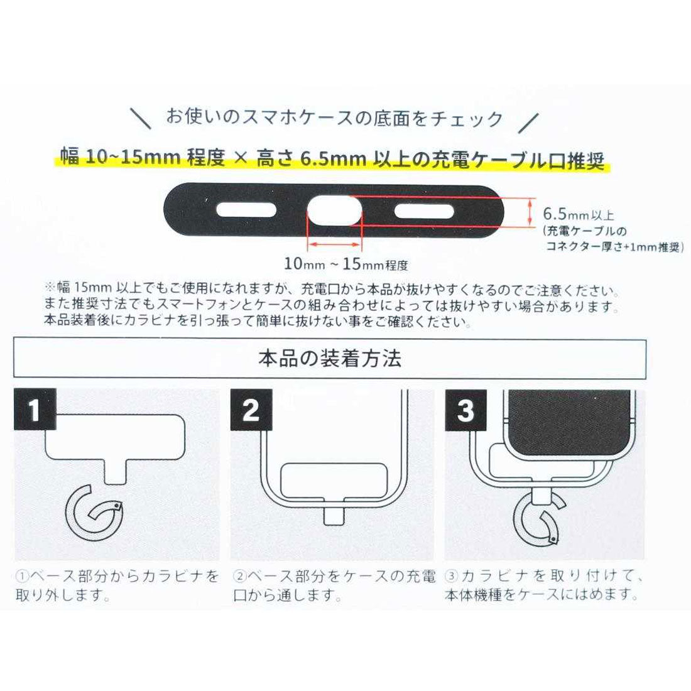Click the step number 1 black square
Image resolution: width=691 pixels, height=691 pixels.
35,410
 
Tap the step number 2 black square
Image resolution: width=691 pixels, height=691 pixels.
251,410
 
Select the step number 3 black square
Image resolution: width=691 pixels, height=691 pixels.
465,410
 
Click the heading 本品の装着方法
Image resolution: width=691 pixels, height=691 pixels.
329,359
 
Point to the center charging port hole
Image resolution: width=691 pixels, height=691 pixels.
335,210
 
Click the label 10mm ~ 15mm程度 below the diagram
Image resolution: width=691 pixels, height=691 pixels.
346,264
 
